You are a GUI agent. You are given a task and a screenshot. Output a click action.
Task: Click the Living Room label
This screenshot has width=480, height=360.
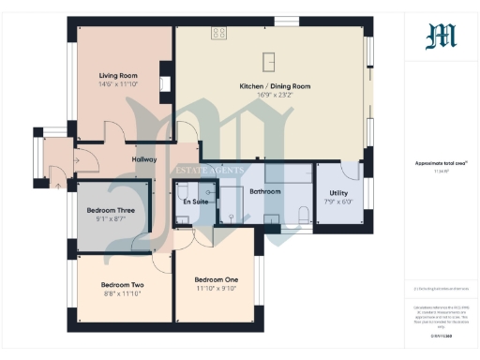click(119, 75)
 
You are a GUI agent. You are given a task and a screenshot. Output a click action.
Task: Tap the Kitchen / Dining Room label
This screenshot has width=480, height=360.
click(275, 86)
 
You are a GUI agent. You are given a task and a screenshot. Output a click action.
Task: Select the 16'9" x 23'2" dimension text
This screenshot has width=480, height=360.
click(275, 95)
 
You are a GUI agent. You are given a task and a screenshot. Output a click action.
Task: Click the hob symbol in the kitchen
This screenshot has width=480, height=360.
click(219, 34)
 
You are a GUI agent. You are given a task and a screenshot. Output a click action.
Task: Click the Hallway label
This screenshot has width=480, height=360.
click(144, 159)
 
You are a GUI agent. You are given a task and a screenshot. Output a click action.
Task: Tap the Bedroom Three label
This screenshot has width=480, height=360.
click(111, 211)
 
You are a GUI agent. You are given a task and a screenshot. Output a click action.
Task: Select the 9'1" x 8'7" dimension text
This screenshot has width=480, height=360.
click(111, 219)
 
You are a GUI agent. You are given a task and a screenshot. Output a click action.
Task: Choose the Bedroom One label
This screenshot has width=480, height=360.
click(217, 279)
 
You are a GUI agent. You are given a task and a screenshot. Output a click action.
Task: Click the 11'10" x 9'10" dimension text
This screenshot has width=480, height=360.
click(217, 288)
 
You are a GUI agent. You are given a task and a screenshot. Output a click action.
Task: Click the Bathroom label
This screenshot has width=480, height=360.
click(266, 191)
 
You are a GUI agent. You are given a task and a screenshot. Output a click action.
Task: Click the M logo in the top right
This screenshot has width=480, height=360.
click(441, 37)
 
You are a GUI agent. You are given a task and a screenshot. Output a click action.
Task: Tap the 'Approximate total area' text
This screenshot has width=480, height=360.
click(441, 162)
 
